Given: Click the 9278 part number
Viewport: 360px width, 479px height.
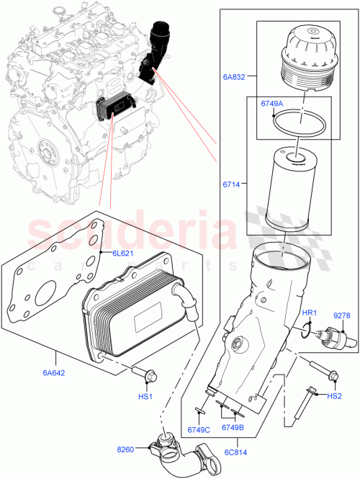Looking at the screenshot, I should point(342,315).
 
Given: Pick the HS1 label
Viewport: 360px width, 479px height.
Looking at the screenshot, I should point(146,397).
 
